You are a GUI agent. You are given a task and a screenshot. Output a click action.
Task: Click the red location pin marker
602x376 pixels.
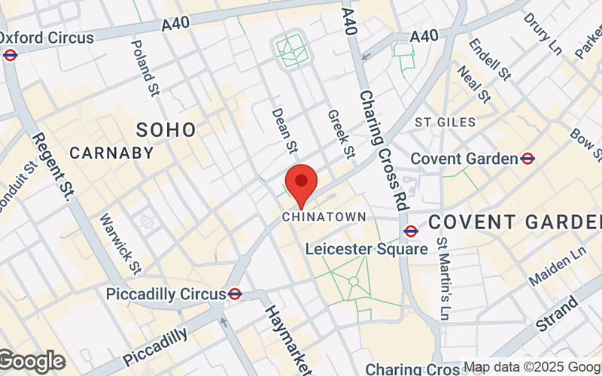(301, 183)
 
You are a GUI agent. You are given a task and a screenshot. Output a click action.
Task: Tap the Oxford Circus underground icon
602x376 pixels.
(10, 54)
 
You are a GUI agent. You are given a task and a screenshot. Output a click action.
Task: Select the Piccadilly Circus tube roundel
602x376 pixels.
(235, 293)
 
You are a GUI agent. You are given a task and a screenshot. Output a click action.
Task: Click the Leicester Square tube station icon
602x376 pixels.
(411, 232)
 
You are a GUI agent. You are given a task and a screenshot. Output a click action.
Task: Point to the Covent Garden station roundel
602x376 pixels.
(528, 158)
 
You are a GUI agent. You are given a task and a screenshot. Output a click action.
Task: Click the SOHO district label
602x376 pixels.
(166, 129)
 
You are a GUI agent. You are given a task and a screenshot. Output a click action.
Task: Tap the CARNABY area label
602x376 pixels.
(111, 153)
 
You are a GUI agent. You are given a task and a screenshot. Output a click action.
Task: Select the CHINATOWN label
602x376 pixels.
(324, 217)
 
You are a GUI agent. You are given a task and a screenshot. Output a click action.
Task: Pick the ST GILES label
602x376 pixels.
(445, 122)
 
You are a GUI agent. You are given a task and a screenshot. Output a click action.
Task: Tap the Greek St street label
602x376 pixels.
(340, 134)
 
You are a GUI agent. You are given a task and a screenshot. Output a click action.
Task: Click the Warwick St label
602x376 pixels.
(120, 243)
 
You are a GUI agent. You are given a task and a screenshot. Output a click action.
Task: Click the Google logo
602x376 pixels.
(32, 361)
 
